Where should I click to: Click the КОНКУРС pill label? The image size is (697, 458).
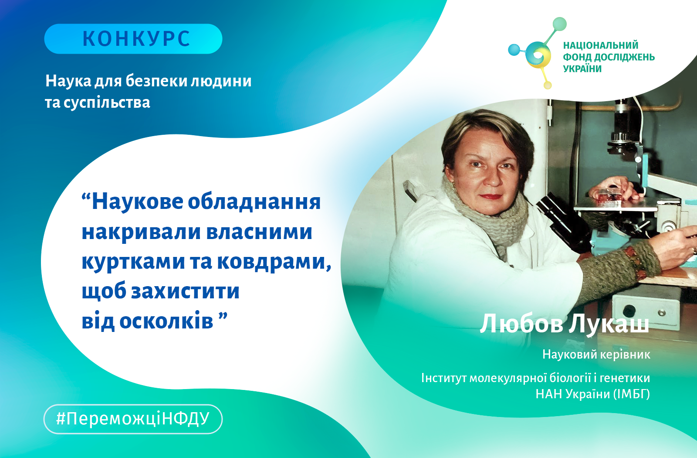(133, 39)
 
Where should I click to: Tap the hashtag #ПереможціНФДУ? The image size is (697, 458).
(133, 419)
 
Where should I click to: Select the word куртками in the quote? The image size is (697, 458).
(133, 261)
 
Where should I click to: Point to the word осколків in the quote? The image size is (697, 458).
(166, 321)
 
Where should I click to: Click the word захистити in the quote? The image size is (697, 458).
(185, 291)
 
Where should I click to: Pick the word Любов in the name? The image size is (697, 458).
(521, 325)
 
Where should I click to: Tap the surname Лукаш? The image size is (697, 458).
(609, 325)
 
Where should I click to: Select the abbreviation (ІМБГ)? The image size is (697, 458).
(632, 394)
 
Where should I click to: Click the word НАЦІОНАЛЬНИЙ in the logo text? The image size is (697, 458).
(601, 45)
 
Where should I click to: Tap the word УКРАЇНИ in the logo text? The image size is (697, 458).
(582, 68)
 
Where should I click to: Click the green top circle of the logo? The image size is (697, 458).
(560, 24)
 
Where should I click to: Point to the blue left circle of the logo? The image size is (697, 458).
(514, 50)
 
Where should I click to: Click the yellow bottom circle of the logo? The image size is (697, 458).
(547, 85)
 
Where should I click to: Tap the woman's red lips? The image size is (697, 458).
(491, 196)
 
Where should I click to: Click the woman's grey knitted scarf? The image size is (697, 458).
(495, 218)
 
